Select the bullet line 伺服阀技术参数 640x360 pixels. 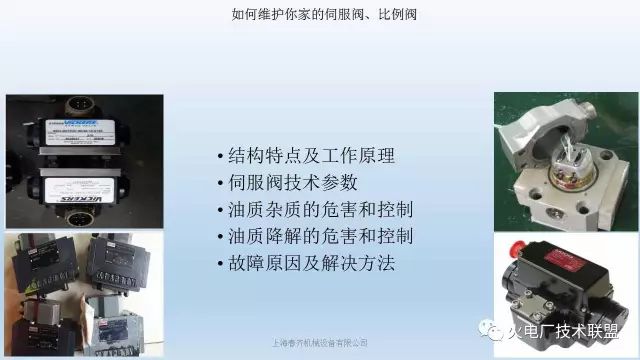click(x=285, y=183)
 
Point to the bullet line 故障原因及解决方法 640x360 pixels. click(x=306, y=264)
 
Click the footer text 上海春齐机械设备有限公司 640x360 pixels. click(x=320, y=343)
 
